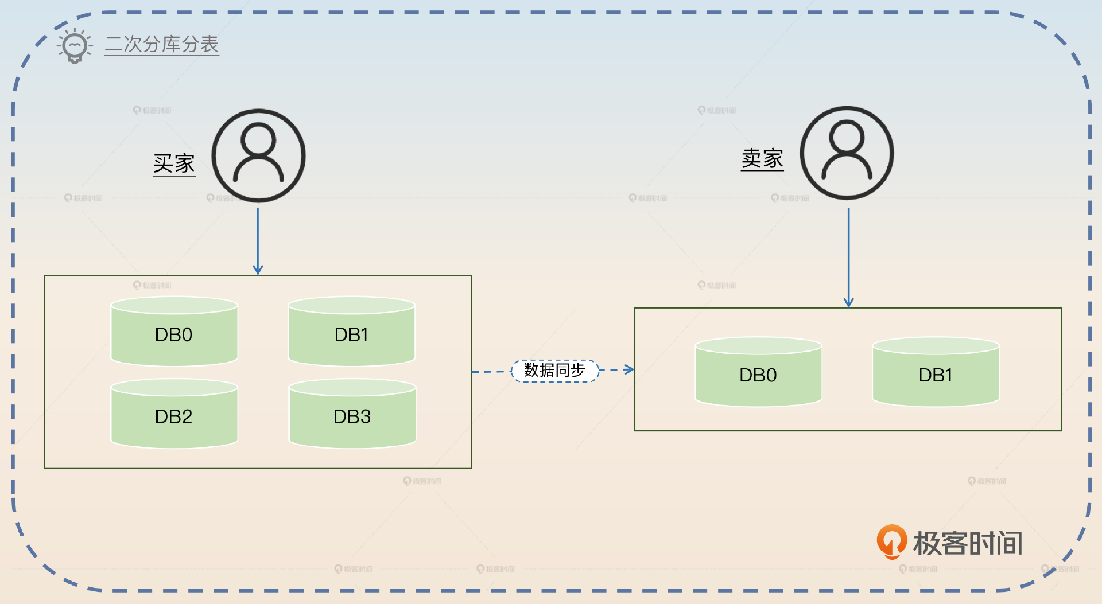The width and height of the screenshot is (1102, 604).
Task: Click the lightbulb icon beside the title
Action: click(x=75, y=45)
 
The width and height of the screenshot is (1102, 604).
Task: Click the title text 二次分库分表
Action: click(x=161, y=44)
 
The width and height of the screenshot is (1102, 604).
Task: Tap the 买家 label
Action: click(x=174, y=163)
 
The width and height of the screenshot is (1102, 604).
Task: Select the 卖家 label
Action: click(x=762, y=159)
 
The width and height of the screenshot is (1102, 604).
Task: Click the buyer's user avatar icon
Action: click(x=258, y=155)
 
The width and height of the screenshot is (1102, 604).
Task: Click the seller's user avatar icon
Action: click(x=847, y=153)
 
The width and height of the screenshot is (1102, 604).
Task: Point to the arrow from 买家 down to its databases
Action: click(x=258, y=241)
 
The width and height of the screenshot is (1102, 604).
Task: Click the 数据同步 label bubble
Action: click(x=554, y=371)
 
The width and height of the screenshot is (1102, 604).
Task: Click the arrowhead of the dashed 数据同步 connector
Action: click(x=630, y=369)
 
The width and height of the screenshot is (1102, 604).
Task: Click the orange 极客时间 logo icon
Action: click(x=891, y=541)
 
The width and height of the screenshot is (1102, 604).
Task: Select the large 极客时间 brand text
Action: click(x=968, y=543)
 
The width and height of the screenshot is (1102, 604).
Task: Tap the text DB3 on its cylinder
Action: click(x=352, y=416)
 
